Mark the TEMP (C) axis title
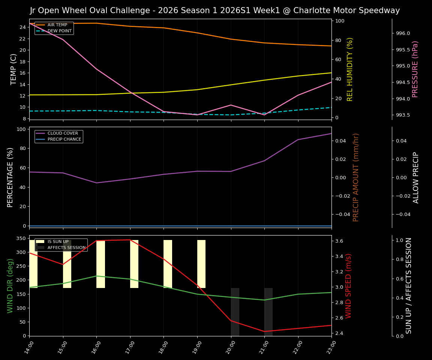[14, 69]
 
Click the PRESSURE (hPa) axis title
[415, 69]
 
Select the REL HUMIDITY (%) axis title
[350, 69]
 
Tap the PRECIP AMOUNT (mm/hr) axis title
[356, 177]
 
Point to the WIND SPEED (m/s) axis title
[349, 286]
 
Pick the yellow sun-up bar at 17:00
[134, 264]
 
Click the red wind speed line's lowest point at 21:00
[264, 331]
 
